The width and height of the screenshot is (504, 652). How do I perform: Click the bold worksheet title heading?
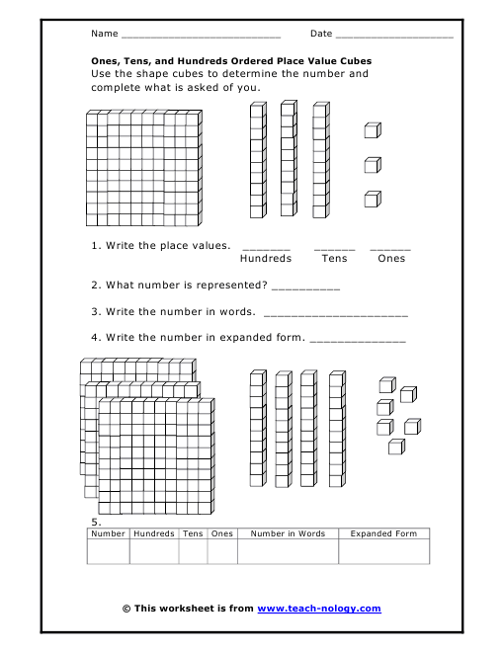pyautogui.click(x=231, y=60)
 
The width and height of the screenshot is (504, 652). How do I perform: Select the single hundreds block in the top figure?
pyautogui.click(x=143, y=169)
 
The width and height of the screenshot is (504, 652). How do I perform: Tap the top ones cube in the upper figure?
pyautogui.click(x=373, y=130)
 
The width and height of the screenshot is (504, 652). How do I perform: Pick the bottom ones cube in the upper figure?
pyautogui.click(x=373, y=199)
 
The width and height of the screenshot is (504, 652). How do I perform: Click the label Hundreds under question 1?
pyautogui.click(x=266, y=259)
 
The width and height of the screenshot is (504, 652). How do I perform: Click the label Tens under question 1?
pyautogui.click(x=334, y=259)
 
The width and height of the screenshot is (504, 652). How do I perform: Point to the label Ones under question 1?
pyautogui.click(x=391, y=259)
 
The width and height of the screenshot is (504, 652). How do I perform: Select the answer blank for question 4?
pyautogui.click(x=358, y=340)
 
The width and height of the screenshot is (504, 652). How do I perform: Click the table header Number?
pyautogui.click(x=108, y=533)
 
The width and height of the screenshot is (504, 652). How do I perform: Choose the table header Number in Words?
pyautogui.click(x=288, y=533)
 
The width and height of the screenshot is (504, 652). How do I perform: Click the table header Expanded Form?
pyautogui.click(x=384, y=533)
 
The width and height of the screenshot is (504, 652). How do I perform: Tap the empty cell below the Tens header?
pyautogui.click(x=193, y=551)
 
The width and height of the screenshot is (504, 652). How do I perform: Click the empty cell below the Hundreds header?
pyautogui.click(x=153, y=551)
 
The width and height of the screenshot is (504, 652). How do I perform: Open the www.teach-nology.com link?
pyautogui.click(x=318, y=610)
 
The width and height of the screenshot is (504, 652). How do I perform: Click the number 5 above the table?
pyautogui.click(x=95, y=522)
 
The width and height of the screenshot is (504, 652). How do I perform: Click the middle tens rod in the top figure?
pyautogui.click(x=288, y=158)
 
